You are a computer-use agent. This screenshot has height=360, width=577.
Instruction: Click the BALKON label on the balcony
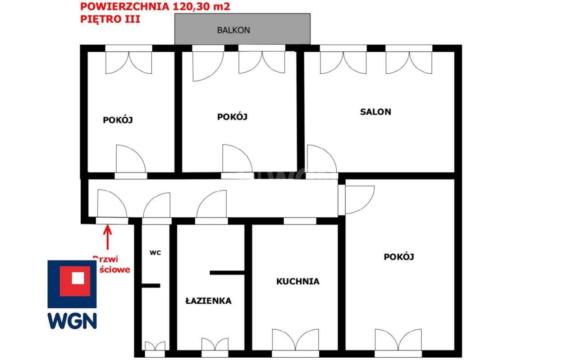pyautogui.click(x=234, y=30)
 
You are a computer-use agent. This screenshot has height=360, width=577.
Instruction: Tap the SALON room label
pyautogui.click(x=376, y=112)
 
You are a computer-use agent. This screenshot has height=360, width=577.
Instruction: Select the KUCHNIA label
pyautogui.click(x=298, y=282)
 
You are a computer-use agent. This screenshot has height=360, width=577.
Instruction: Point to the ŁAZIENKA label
pyautogui.click(x=209, y=301)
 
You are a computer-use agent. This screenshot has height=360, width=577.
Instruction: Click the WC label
pyautogui.click(x=155, y=253)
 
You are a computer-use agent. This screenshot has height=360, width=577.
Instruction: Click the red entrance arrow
pyautogui.click(x=107, y=237)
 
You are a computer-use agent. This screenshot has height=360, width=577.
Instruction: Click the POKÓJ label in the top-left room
pyautogui.click(x=118, y=120)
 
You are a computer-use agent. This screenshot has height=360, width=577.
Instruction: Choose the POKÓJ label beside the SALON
pyautogui.click(x=233, y=117)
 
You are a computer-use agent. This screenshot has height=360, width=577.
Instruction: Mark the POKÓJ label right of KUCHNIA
pyautogui.click(x=399, y=257)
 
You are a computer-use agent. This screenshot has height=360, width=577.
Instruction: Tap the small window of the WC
pyautogui.click(x=155, y=346)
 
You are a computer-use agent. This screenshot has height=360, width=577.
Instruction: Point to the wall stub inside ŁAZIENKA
pyautogui.click(x=227, y=273)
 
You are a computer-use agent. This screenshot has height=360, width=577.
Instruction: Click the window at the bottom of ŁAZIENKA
pyautogui.click(x=215, y=345)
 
